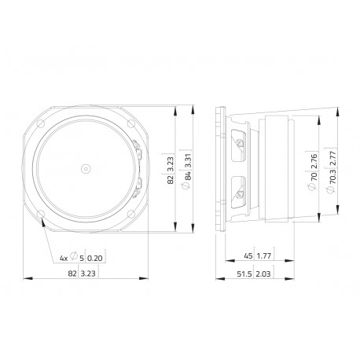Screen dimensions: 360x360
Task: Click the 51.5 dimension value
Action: coord(244,274)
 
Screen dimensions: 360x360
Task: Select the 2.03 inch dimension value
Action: coord(263,274)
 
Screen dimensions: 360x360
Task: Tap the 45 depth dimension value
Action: coord(248,255)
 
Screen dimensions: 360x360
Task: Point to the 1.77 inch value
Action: coord(264,255)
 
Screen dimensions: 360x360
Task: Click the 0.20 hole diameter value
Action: coord(94,259)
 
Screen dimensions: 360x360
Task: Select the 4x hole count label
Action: coord(64,259)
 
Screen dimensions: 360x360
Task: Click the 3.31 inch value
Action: coord(188,161)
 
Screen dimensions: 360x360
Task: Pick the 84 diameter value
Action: coord(188,176)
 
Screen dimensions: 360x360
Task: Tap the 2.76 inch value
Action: coord(314,161)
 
